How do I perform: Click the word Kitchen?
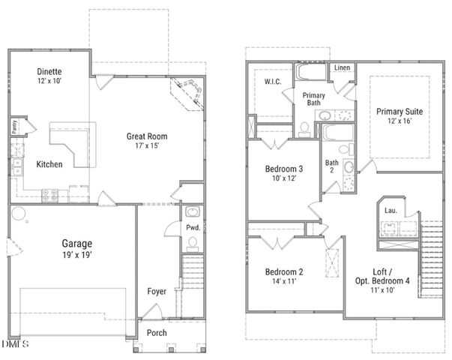click(x=49, y=164)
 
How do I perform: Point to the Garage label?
click(x=76, y=243)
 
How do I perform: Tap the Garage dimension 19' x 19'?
click(x=76, y=255)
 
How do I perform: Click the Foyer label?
click(x=157, y=292)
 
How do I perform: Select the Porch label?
click(x=157, y=332)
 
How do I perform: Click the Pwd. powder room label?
click(x=192, y=227)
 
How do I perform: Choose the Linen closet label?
click(x=342, y=68)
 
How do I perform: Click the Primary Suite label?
click(x=399, y=111)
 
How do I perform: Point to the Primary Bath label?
click(x=313, y=100)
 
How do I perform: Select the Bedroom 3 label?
click(x=284, y=169)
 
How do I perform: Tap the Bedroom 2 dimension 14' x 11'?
click(x=284, y=283)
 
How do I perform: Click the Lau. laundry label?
click(x=390, y=211)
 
